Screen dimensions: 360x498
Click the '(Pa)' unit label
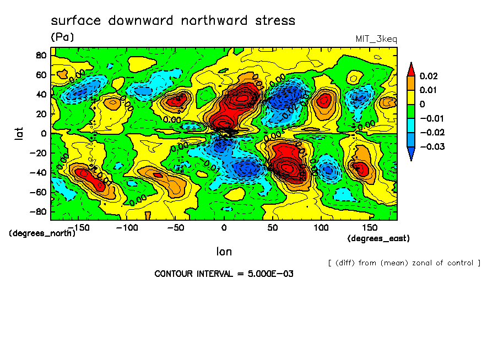point(62,37)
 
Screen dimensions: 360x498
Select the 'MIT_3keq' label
point(376,39)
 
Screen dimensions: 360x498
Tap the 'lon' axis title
point(224,252)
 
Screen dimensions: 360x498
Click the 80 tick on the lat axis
point(41,54)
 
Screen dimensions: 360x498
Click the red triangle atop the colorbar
point(411,68)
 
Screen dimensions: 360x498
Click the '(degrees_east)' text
point(379,238)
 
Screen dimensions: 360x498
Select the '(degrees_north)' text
point(42,233)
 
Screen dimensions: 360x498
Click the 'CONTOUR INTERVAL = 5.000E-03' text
point(224,274)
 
